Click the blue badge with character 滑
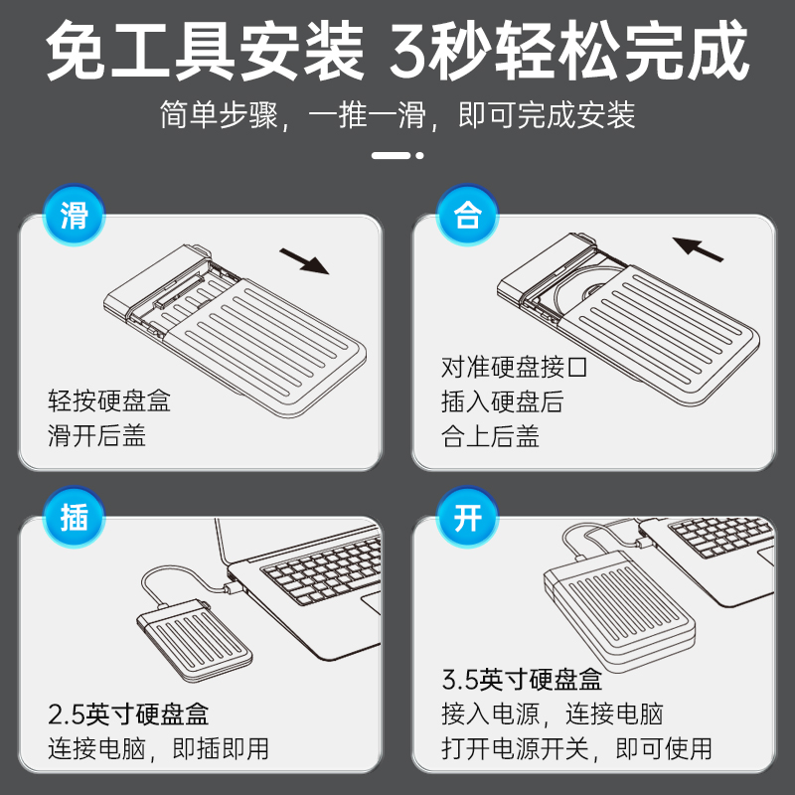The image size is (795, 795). tap(74, 215)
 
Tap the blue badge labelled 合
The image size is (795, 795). tap(467, 215)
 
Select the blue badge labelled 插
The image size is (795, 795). tap(74, 517)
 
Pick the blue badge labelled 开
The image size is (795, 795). tap(467, 517)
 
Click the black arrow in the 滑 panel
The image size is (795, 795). tap(304, 261)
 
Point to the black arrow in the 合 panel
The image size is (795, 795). tap(698, 249)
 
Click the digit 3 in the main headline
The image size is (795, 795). tap(409, 52)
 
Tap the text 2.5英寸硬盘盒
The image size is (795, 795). tap(128, 714)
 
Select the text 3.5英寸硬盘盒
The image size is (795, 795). tap(522, 680)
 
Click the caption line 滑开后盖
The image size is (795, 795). tap(96, 435)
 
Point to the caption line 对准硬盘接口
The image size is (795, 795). tap(514, 367)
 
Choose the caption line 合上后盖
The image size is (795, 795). tap(490, 436)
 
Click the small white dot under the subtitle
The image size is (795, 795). tap(419, 156)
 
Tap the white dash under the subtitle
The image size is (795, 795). tap(391, 156)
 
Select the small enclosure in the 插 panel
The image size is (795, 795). tap(195, 641)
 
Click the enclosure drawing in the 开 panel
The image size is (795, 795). tap(619, 610)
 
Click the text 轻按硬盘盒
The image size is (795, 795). tap(109, 400)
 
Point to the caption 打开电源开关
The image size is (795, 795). tap(515, 748)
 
